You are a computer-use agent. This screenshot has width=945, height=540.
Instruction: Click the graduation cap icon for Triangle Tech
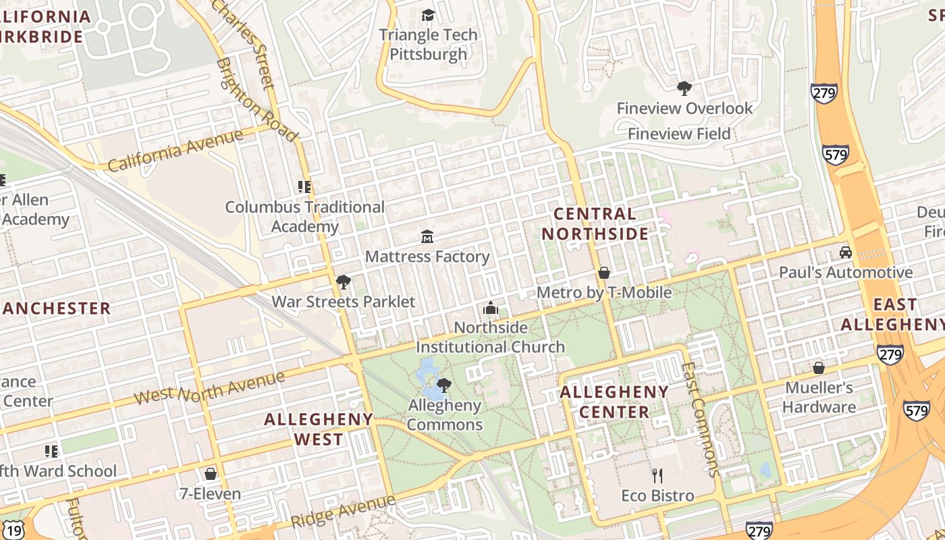(428, 15)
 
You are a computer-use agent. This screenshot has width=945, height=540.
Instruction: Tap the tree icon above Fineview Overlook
(684, 88)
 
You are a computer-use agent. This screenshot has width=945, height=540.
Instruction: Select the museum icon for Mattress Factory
(427, 236)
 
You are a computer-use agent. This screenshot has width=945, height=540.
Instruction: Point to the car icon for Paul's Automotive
(845, 252)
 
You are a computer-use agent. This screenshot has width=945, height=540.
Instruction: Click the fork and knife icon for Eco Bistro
(657, 476)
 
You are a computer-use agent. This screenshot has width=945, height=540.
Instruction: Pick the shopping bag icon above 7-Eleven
(210, 474)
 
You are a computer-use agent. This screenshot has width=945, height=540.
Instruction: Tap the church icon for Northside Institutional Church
(490, 308)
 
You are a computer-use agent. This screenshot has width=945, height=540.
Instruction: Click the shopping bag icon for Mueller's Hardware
(818, 368)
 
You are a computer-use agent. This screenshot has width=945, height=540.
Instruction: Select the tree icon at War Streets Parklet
(343, 281)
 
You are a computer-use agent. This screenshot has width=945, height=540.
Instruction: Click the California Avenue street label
(175, 151)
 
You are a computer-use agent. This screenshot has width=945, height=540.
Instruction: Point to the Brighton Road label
(256, 100)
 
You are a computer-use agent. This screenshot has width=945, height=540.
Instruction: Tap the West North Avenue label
(209, 387)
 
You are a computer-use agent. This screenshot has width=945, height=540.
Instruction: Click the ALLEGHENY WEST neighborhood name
(318, 429)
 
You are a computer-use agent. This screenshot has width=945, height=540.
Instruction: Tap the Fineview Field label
(679, 134)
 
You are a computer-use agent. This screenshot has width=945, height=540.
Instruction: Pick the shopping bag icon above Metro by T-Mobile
(604, 273)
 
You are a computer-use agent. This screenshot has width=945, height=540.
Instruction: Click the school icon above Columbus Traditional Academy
(304, 186)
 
